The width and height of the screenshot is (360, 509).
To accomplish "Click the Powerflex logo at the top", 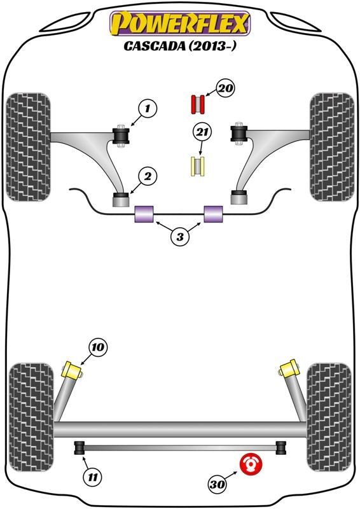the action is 180,24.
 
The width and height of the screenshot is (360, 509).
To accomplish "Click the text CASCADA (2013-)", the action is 179,46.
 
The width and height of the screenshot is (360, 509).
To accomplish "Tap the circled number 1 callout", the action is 148,108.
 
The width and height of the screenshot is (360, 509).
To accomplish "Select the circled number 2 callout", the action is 148,177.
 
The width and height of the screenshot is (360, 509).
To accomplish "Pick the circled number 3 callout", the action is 180,237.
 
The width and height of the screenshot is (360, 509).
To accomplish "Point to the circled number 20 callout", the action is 225,88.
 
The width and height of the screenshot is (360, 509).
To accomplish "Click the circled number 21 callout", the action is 202,132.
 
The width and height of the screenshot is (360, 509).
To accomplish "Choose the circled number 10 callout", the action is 98,347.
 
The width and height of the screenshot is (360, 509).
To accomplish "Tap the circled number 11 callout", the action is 93,477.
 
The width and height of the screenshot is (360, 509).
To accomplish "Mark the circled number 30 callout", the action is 218,484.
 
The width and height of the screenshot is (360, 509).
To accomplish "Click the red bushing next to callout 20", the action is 197,104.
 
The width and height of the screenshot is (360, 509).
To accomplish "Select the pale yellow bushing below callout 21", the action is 197,167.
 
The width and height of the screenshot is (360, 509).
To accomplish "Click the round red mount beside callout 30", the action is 251,464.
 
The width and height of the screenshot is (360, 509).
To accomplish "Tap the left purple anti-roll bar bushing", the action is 144,214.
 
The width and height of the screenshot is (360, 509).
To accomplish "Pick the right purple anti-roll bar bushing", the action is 213,214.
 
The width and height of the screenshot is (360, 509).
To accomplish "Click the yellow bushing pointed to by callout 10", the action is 72,371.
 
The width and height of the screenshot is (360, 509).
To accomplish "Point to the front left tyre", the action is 28,147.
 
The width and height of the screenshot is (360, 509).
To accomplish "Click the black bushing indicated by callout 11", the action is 80,448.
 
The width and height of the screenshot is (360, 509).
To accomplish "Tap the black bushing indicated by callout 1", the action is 121,136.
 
